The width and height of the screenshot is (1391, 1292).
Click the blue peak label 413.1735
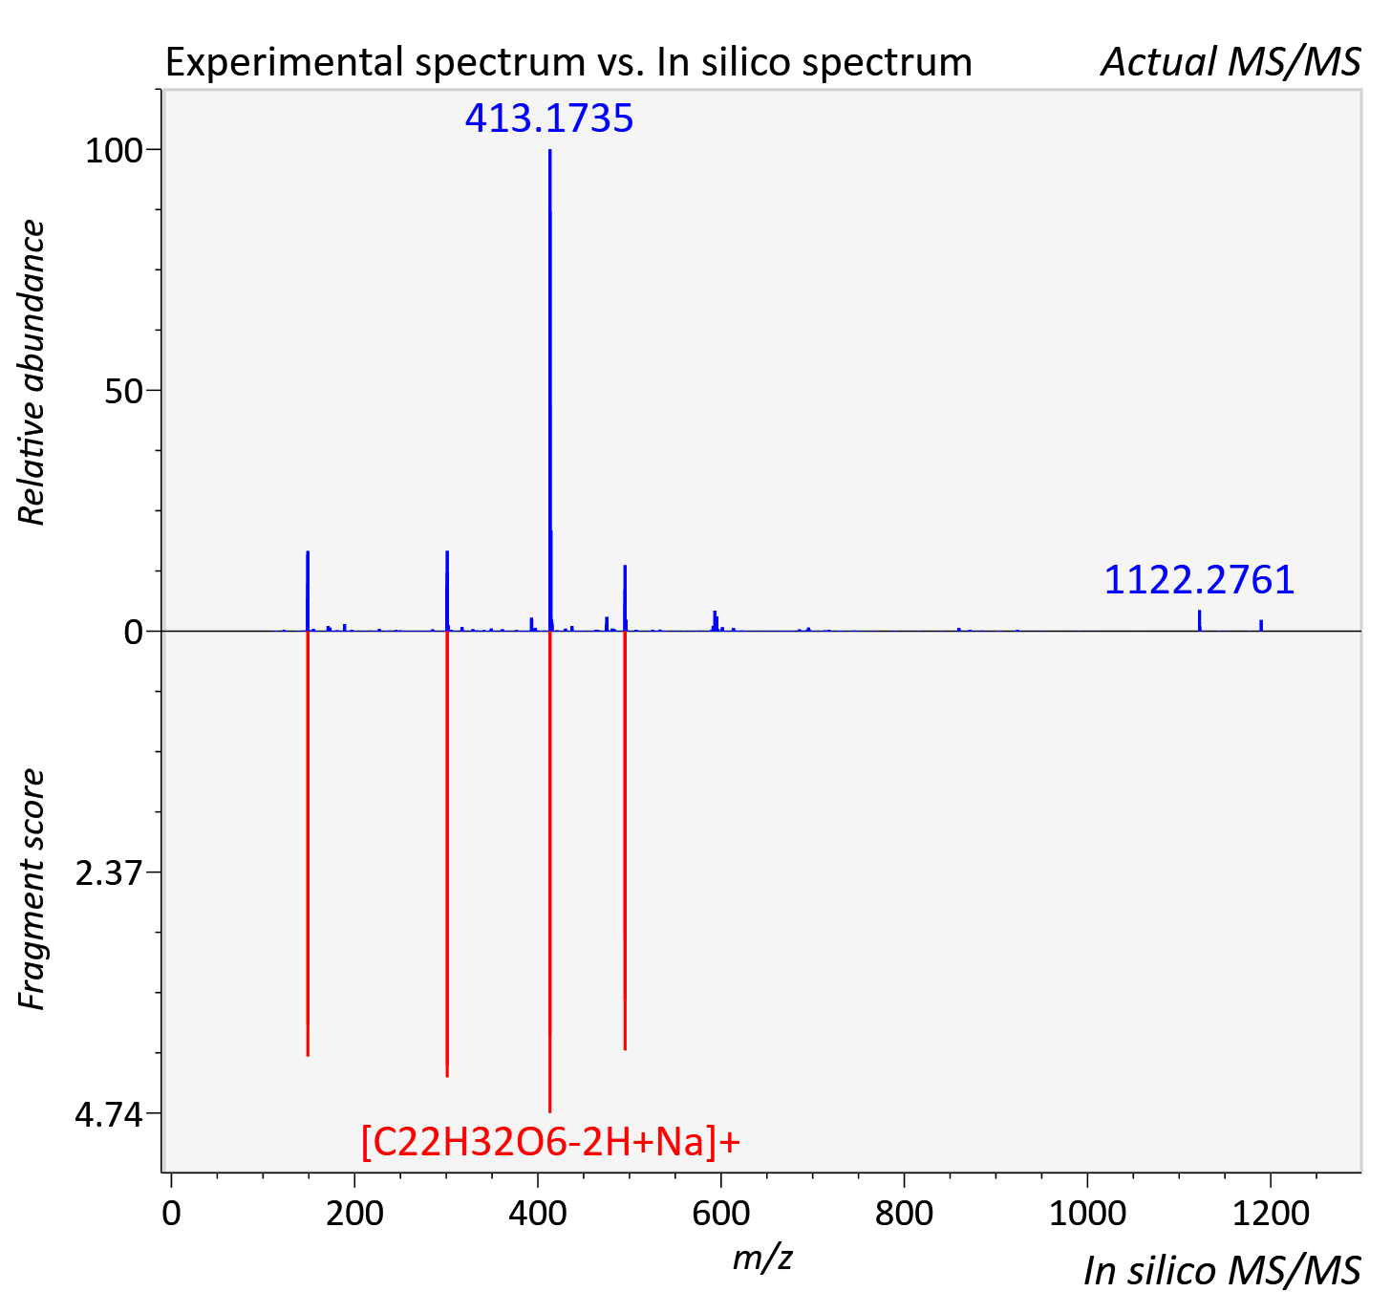tap(549, 118)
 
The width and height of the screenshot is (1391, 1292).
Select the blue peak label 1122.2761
tap(1199, 580)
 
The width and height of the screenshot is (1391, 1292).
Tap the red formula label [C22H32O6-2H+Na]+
tap(550, 1141)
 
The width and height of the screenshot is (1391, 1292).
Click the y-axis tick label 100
tap(114, 151)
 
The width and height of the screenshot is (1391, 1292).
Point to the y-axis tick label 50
tap(123, 392)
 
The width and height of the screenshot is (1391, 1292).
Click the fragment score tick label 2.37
tap(109, 873)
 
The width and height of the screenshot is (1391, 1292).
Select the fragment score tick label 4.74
tap(109, 1115)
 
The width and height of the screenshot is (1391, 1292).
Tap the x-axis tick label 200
tap(354, 1213)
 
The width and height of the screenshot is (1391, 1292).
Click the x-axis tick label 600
tap(720, 1213)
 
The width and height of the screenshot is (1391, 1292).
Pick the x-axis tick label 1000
tap(1087, 1213)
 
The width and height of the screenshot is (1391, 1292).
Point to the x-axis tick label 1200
tap(1271, 1213)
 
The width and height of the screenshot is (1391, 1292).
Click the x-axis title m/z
tap(762, 1258)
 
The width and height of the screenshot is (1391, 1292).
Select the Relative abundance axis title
tap(32, 373)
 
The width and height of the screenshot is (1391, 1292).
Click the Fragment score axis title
tap(32, 890)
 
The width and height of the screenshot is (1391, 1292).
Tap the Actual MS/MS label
tap(1230, 62)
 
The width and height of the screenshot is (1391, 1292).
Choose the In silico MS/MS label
tap(1222, 1271)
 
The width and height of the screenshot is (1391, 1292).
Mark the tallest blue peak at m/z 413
tap(550, 390)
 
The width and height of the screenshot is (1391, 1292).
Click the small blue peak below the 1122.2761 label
tap(1199, 621)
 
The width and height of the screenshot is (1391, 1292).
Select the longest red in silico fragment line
tap(550, 872)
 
